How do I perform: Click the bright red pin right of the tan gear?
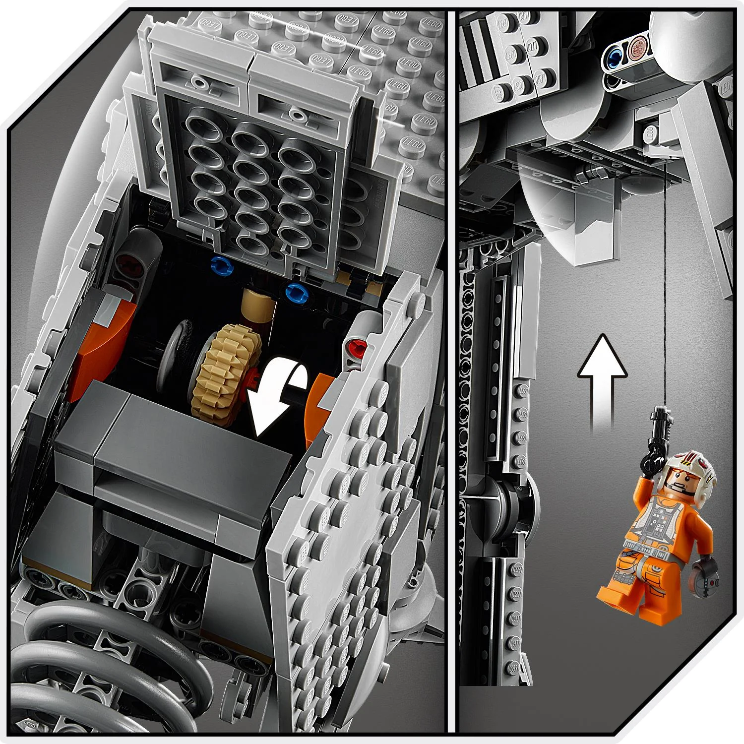[x=356, y=346]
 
